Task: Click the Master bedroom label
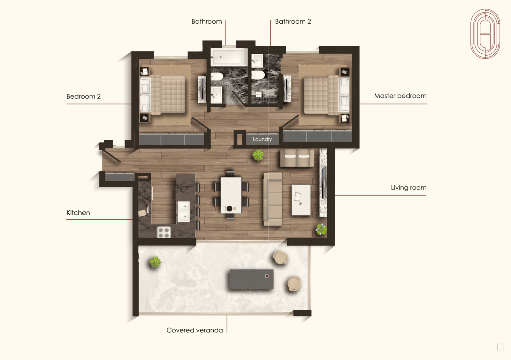pyautogui.click(x=400, y=96)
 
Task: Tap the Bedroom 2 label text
pyautogui.click(x=83, y=96)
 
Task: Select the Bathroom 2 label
pyautogui.click(x=293, y=21)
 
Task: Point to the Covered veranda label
pyautogui.click(x=194, y=330)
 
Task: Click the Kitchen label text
pyautogui.click(x=78, y=213)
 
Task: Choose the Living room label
pyautogui.click(x=408, y=188)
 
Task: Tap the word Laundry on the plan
pyautogui.click(x=262, y=139)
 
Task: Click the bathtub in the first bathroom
pyautogui.click(x=229, y=57)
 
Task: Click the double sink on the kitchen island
pyautogui.click(x=183, y=211)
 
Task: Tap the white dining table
pyautogui.click(x=231, y=195)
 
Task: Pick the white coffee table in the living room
pyautogui.click(x=301, y=200)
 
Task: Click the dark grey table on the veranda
pyautogui.click(x=251, y=279)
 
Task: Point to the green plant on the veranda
pyautogui.click(x=155, y=262)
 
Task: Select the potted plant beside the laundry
pyautogui.click(x=258, y=155)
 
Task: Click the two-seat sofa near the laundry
pyautogui.click(x=297, y=158)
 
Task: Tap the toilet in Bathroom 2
pyautogui.click(x=258, y=75)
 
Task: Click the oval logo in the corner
pyautogui.click(x=485, y=34)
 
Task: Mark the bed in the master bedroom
pyautogui.click(x=326, y=95)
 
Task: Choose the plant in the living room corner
pyautogui.click(x=321, y=229)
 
